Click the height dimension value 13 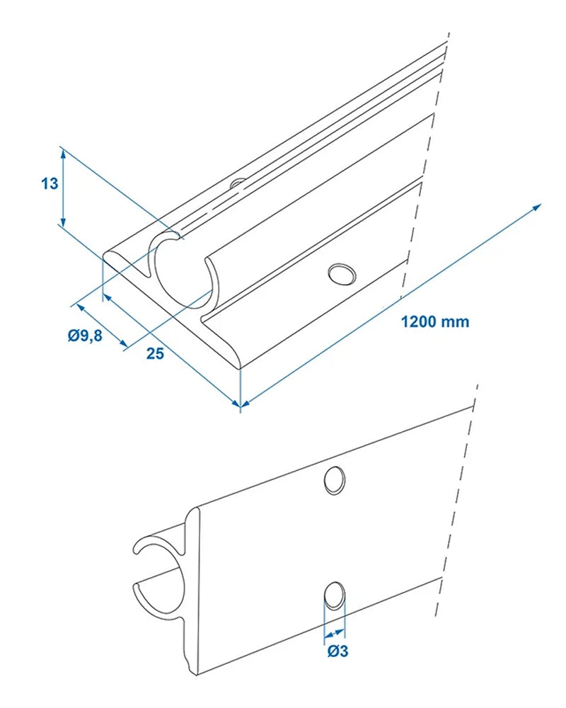click(49, 184)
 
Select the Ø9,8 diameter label click(86, 336)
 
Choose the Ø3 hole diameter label click(337, 651)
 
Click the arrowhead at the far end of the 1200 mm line click(537, 207)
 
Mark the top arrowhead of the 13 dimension click(63, 151)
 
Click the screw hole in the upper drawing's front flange click(341, 273)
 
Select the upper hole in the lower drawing click(333, 480)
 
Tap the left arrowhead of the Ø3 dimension click(326, 634)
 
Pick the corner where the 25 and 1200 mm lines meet click(241, 405)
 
